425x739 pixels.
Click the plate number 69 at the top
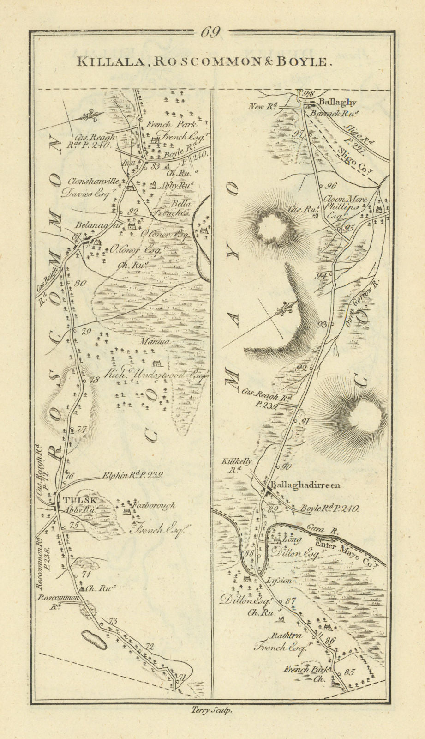[210, 33]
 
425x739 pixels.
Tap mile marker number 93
[322, 324]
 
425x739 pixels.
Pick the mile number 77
[81, 430]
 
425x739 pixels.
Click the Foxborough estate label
[154, 505]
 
